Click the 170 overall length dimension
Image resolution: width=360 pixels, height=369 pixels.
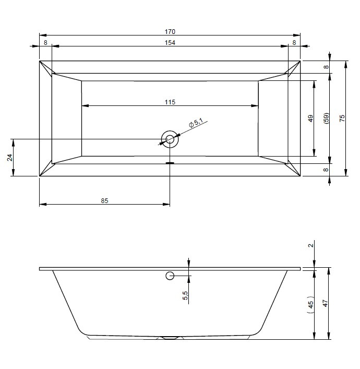point(170,31)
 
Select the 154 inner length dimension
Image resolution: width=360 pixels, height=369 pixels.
point(170,43)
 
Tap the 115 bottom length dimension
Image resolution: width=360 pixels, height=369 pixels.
point(170,102)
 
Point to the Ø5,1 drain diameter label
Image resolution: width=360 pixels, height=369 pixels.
point(196,123)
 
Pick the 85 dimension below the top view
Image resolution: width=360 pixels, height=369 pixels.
point(104,201)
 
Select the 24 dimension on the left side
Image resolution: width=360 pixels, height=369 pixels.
point(9,158)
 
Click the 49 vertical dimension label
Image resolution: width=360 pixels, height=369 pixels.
point(311,118)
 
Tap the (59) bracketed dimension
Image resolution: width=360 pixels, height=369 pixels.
point(327,118)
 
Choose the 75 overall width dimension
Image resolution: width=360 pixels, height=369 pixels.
point(342,118)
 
